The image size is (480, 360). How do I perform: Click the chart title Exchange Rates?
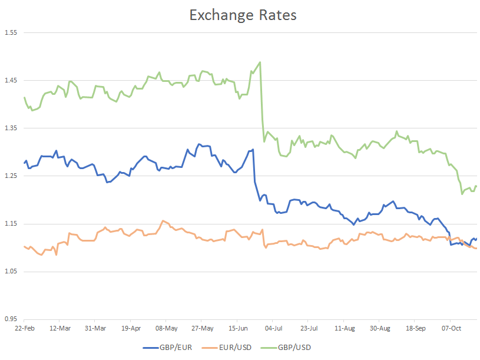pyautogui.click(x=243, y=15)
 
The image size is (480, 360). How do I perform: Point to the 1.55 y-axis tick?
pyautogui.click(x=12, y=32)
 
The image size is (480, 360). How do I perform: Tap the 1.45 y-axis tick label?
pyautogui.click(x=12, y=80)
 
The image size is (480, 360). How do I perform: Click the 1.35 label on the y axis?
pyautogui.click(x=12, y=128)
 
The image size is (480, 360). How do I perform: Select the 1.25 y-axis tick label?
pyautogui.click(x=12, y=176)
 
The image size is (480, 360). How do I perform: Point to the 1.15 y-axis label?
pyautogui.click(x=12, y=223)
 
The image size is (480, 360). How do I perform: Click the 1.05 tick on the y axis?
pyautogui.click(x=12, y=271)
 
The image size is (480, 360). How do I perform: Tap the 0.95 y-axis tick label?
pyautogui.click(x=12, y=319)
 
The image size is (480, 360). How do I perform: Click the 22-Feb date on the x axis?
pyautogui.click(x=25, y=328)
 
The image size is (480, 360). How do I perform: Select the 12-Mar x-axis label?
pyautogui.click(x=60, y=328)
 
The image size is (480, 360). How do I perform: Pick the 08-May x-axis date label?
pyautogui.click(x=167, y=328)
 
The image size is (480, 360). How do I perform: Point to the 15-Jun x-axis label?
pyautogui.click(x=237, y=328)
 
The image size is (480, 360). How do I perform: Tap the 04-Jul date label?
pyautogui.click(x=273, y=328)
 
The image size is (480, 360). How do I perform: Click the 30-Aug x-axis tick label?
pyautogui.click(x=380, y=328)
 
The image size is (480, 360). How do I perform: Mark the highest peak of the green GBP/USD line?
pyautogui.click(x=260, y=62)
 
